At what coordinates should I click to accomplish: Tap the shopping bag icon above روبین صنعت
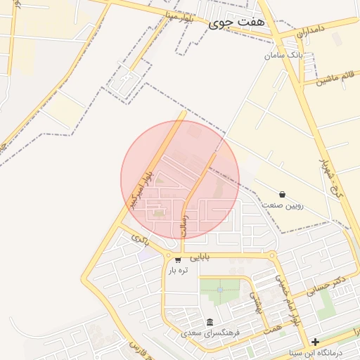coord(282,194)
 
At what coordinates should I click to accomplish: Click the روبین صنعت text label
coord(282,205)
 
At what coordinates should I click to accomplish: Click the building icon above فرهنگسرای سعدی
coord(210,322)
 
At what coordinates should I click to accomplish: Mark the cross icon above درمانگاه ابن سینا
coord(316,342)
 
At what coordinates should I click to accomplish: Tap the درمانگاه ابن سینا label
coord(316,352)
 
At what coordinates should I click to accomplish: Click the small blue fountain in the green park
coord(220,289)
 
